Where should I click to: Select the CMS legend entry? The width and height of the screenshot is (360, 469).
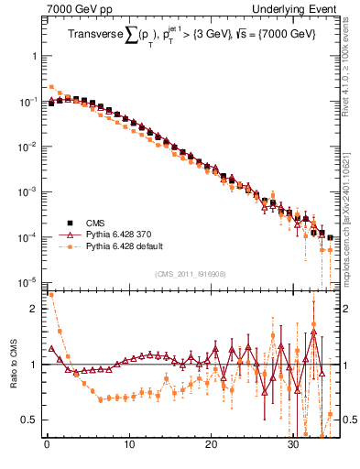(x=95, y=223)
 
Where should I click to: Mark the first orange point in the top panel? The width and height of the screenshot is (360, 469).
(x=51, y=86)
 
